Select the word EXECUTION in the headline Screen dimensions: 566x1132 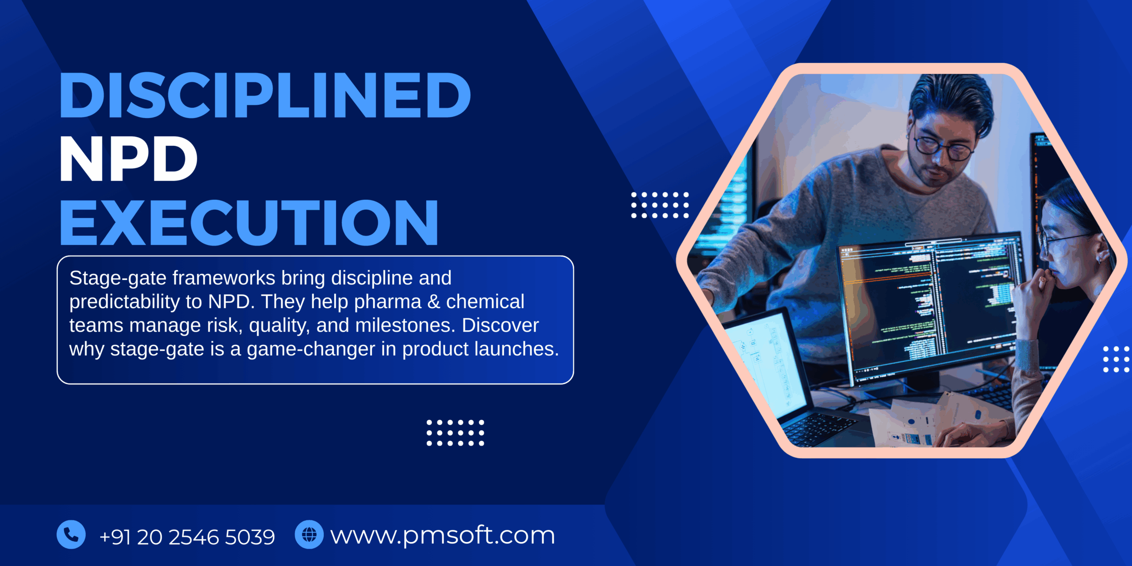[x=249, y=222]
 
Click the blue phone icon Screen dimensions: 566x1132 [x=71, y=535]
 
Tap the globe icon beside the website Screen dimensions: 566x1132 [x=309, y=535]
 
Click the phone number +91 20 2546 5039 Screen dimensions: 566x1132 [x=187, y=537]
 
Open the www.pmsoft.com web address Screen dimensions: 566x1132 [x=443, y=535]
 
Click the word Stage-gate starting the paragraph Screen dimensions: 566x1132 [x=118, y=278]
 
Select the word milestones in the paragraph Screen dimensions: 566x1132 [x=405, y=325]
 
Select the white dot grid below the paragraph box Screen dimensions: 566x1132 [x=455, y=432]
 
